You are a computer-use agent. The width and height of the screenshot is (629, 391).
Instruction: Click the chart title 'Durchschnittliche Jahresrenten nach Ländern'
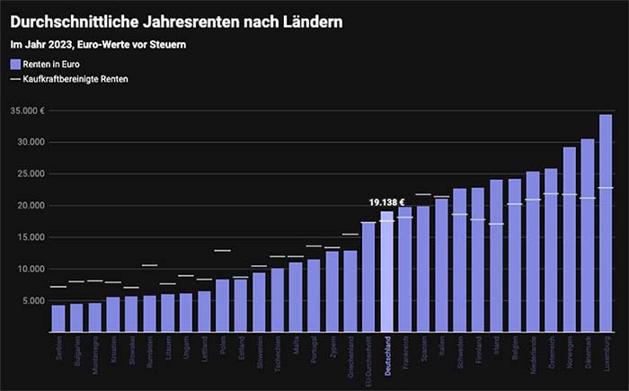[x=177, y=19]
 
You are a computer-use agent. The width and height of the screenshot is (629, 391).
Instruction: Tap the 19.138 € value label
[x=386, y=202]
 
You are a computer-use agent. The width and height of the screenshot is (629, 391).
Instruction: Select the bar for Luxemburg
[x=606, y=225]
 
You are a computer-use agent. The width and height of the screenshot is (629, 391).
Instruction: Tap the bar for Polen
[x=222, y=306]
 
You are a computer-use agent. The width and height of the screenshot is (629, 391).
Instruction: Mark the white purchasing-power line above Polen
[x=222, y=250]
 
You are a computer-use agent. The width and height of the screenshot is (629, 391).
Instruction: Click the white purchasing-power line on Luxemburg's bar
[x=606, y=188]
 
